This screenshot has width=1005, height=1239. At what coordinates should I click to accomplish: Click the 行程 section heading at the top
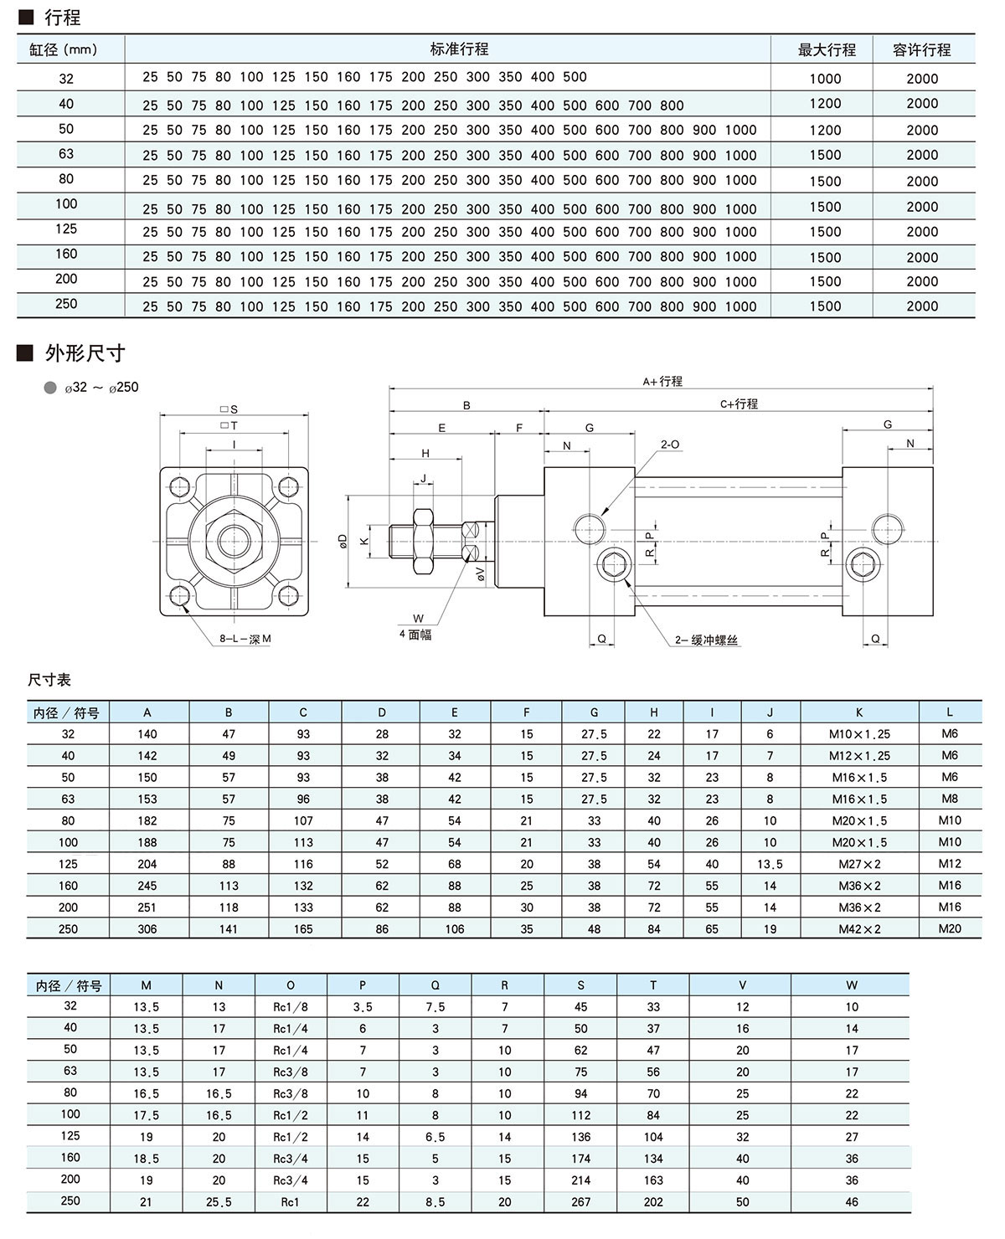coord(62,17)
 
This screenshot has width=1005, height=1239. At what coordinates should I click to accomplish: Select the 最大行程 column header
coord(826,50)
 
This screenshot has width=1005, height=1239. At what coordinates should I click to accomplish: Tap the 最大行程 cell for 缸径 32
coord(825,79)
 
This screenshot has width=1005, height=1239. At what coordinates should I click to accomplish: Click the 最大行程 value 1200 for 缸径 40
coord(825,104)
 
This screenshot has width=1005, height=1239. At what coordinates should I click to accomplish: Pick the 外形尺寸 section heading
coord(85,353)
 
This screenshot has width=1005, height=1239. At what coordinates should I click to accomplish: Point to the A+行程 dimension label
coord(662,382)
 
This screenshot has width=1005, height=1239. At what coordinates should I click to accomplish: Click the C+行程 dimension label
coord(739,404)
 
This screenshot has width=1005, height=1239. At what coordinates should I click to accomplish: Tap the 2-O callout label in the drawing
coord(669,445)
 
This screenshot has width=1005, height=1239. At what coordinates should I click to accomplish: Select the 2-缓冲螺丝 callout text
coord(707,640)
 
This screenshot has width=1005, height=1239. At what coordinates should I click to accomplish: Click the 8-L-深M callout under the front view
coord(245,639)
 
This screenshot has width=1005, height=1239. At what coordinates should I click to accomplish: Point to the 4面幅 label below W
coord(415,635)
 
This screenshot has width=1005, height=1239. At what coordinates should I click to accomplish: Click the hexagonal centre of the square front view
coord(234,542)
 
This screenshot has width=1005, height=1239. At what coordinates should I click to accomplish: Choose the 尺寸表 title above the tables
coord(49,680)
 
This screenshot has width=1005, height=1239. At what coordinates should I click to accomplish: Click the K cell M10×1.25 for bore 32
coord(860,734)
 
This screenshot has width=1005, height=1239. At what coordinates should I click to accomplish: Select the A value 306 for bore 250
coord(147,928)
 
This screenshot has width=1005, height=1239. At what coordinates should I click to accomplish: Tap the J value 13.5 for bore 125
coord(770,864)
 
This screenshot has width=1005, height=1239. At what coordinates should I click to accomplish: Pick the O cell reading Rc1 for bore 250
coord(291,1201)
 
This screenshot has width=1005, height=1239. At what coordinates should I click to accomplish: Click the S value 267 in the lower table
coord(580,1201)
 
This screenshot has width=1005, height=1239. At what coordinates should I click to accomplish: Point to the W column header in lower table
coord(852,985)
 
